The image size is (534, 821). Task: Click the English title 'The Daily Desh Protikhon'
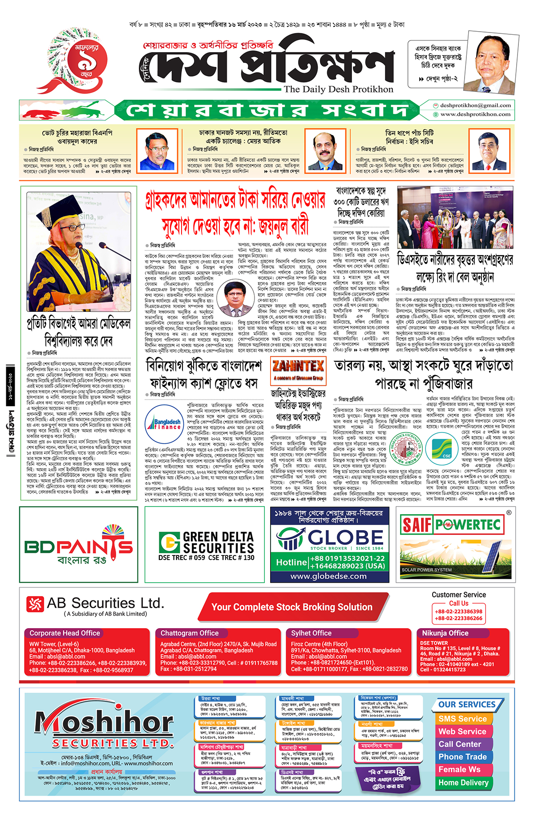pos(339,89)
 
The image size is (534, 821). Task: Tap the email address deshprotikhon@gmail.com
pos(475,106)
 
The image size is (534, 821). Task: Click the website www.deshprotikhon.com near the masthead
pos(475,114)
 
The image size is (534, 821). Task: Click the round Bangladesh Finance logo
pos(164,424)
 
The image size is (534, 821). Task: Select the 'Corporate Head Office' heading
pos(65,633)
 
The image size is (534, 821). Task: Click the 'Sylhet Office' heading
pos(311,633)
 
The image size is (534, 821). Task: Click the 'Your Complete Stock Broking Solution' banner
pos(292,607)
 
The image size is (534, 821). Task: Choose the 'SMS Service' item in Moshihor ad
pos(462,719)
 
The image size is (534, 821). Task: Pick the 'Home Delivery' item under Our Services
pos(463,782)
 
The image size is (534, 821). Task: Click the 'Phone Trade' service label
pos(462,757)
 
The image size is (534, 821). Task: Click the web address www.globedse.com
pos(329,576)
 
